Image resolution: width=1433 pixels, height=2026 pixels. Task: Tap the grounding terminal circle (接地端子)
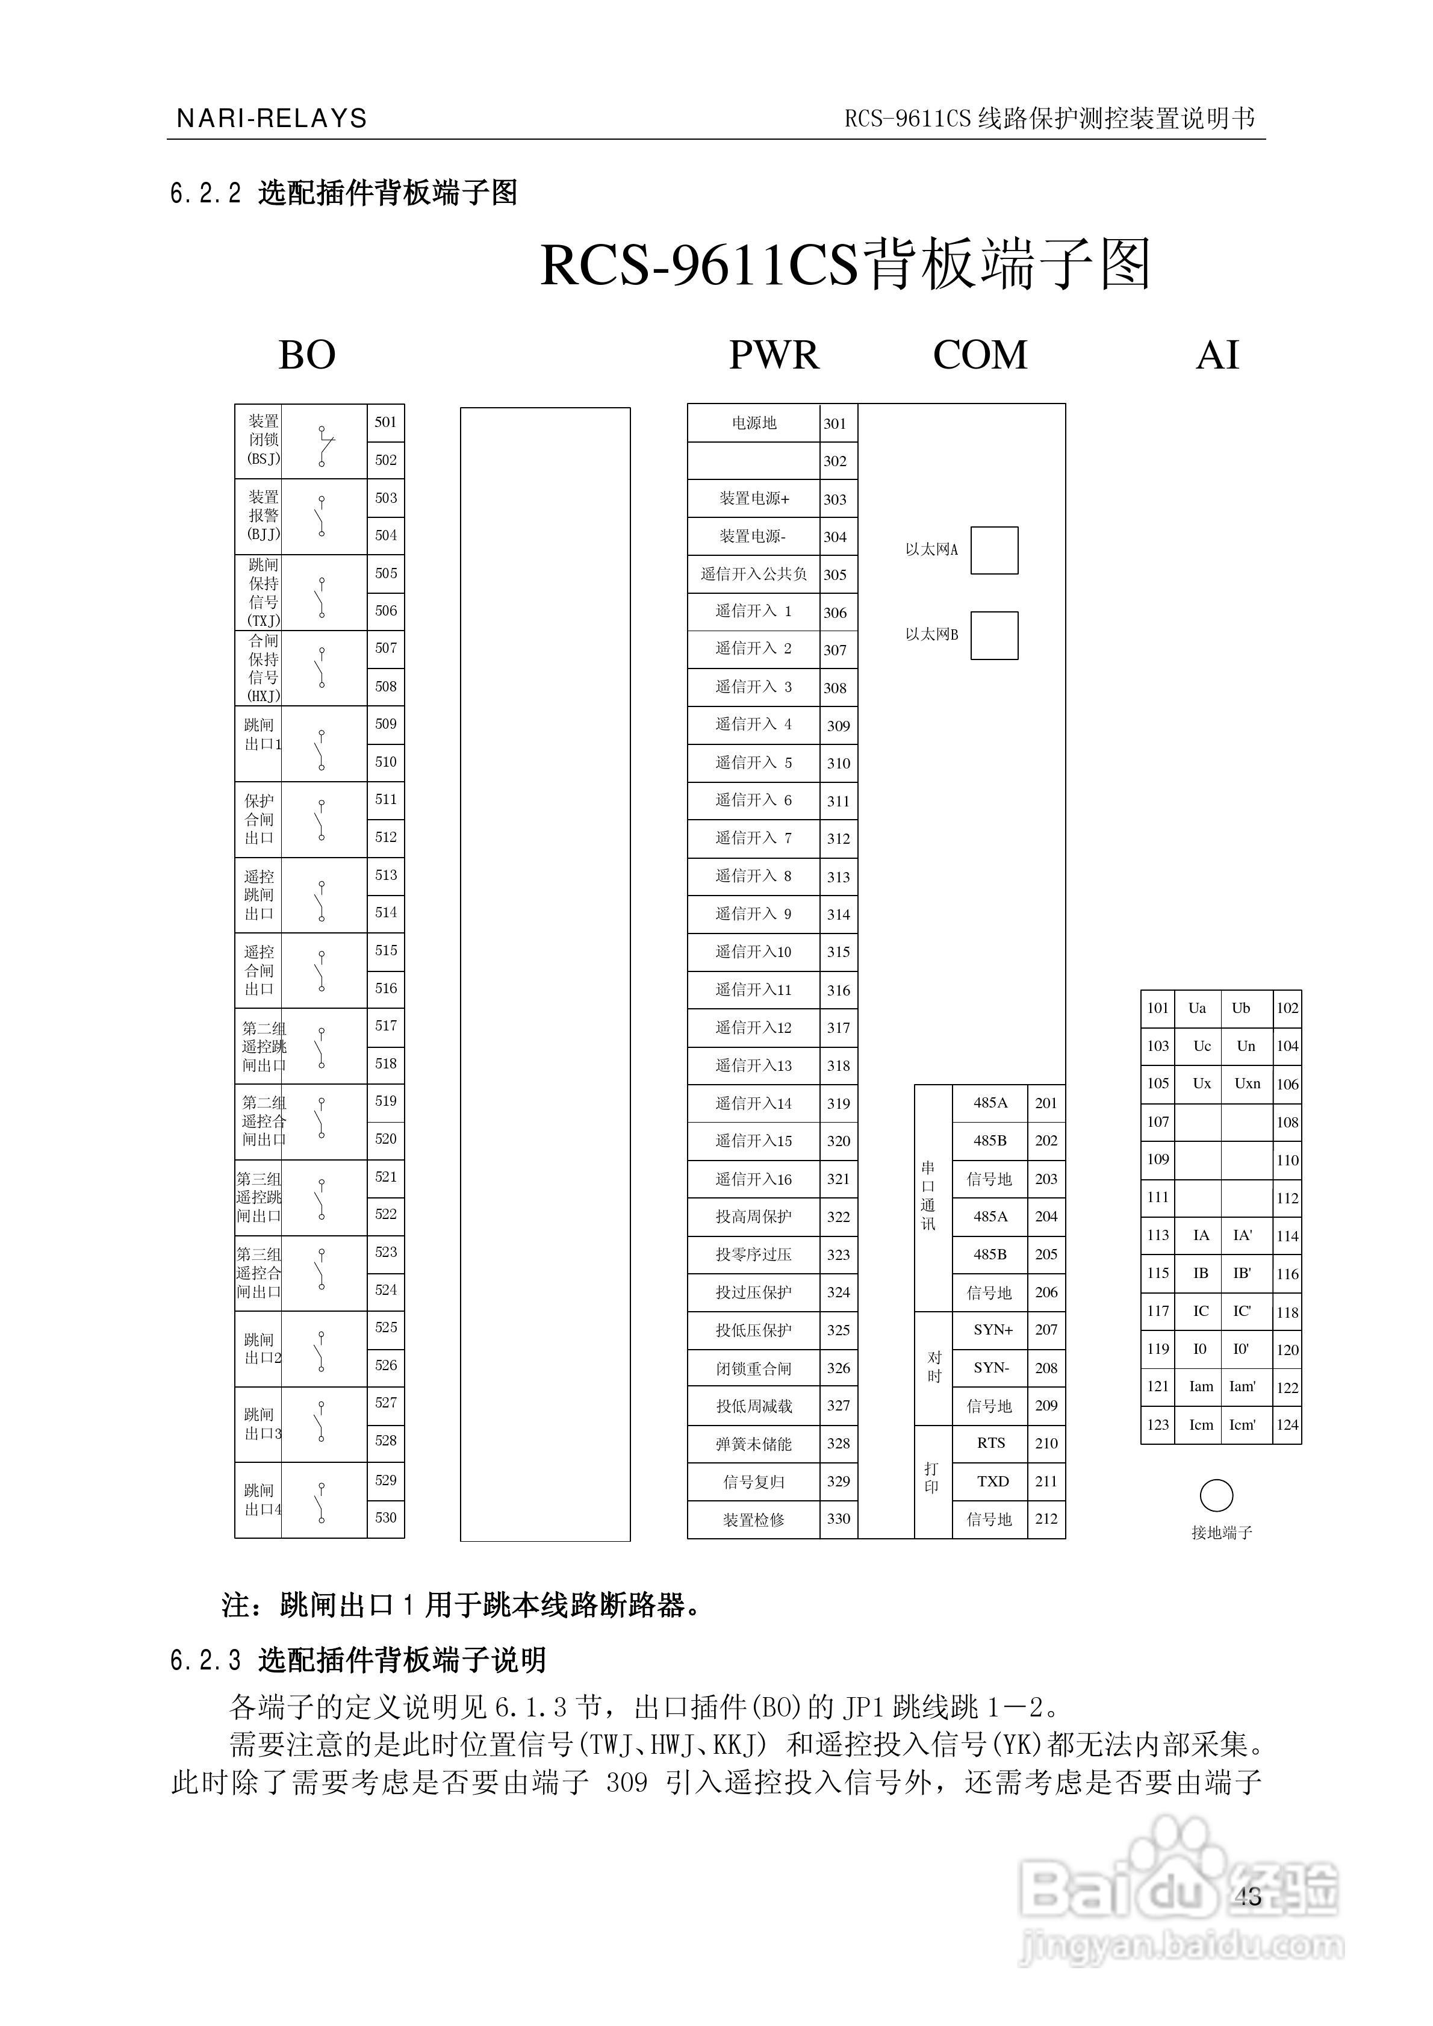pyautogui.click(x=1216, y=1495)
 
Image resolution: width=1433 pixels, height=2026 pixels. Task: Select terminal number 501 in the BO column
pyautogui.click(x=385, y=422)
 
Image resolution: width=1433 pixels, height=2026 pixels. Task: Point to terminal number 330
pyautogui.click(x=838, y=1519)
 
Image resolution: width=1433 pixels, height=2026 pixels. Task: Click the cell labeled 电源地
pyautogui.click(x=754, y=423)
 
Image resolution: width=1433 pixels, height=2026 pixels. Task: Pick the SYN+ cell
pyautogui.click(x=993, y=1330)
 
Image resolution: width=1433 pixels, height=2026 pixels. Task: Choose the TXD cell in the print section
pyautogui.click(x=993, y=1482)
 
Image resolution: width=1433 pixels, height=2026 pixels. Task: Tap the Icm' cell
pyautogui.click(x=1242, y=1425)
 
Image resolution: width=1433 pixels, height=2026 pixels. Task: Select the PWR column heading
pyautogui.click(x=774, y=355)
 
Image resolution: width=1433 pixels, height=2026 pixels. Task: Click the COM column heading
pyautogui.click(x=980, y=355)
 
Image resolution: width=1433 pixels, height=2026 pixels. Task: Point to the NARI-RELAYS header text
pyautogui.click(x=272, y=118)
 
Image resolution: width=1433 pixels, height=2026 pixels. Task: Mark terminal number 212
pyautogui.click(x=1046, y=1519)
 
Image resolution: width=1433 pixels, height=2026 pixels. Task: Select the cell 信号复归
pyautogui.click(x=754, y=1482)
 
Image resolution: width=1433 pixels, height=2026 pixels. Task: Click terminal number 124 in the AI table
pyautogui.click(x=1287, y=1425)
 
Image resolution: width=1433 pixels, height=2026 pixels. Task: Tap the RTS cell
pyautogui.click(x=991, y=1443)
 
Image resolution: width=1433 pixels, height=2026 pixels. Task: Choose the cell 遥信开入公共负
pyautogui.click(x=754, y=575)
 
